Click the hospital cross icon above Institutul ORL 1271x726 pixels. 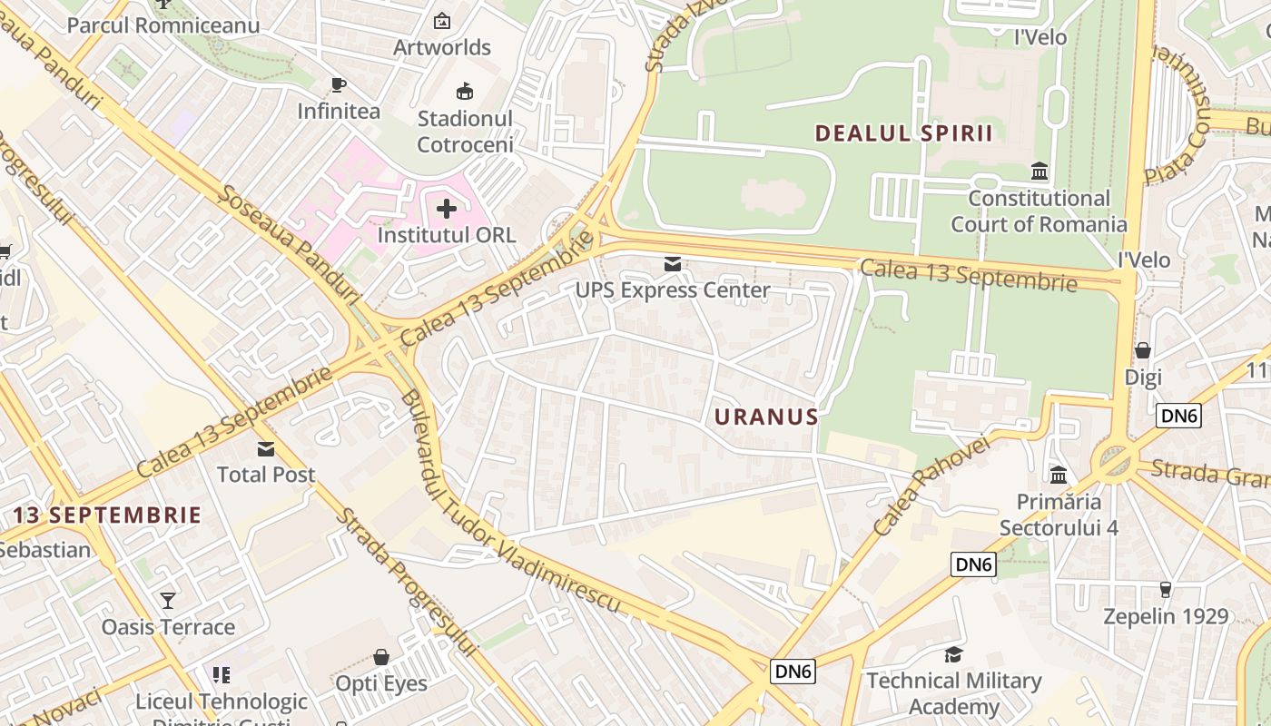446,209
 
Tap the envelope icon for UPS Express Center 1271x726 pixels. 673,264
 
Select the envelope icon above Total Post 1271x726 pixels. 266,448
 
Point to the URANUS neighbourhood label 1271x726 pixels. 766,417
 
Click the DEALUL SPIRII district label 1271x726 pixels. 903,133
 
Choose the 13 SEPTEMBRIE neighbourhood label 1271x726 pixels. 107,515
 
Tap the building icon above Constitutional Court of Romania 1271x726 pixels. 1039,172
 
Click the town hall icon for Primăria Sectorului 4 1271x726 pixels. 1059,475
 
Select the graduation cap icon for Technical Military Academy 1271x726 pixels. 953,654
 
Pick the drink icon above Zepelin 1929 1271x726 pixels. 1166,590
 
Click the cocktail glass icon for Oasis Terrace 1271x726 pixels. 168,600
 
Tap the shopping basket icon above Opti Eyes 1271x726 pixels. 381,656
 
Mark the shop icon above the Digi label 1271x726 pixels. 1143,350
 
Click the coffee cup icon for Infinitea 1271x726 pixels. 339,85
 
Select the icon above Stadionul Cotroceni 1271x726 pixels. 465,92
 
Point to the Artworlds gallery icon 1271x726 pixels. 442,21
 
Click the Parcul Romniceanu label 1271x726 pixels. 163,25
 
